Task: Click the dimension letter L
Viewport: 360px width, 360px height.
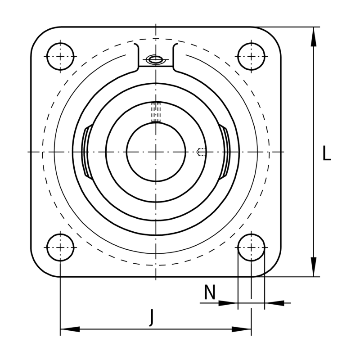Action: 327,153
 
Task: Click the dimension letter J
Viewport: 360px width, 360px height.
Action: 151,318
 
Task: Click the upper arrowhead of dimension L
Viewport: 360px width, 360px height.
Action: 313,37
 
